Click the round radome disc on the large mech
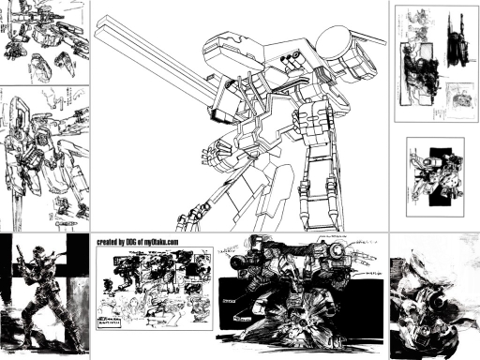coord(335,39)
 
